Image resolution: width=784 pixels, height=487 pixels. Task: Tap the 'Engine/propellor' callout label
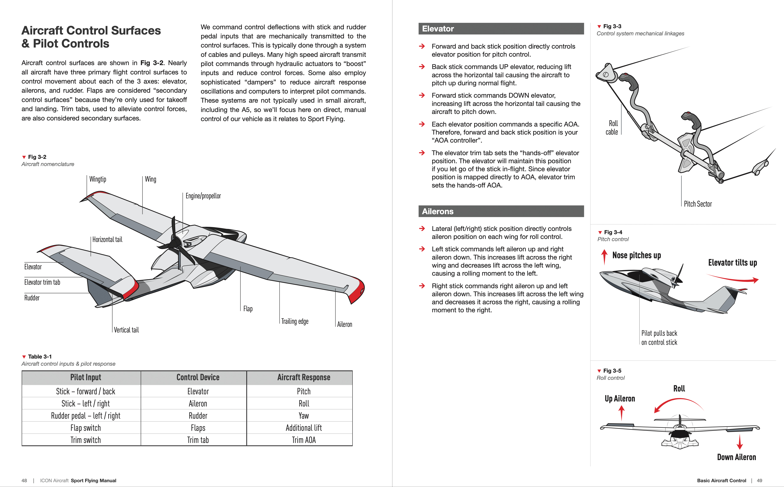(x=203, y=196)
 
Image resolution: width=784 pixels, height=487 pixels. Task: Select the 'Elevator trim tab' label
(x=42, y=282)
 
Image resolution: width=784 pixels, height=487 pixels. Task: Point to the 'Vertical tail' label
(x=126, y=330)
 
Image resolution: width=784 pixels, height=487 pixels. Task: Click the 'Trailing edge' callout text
(x=295, y=321)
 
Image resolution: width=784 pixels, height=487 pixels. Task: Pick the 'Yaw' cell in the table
(x=304, y=416)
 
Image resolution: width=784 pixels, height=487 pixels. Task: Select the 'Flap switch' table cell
(x=86, y=428)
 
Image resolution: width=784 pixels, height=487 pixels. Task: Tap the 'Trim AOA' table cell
(x=304, y=440)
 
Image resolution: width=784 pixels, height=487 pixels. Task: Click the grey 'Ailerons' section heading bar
(x=501, y=211)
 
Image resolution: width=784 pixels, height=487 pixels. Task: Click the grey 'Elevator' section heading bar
(x=501, y=29)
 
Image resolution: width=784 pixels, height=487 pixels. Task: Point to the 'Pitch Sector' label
(x=697, y=204)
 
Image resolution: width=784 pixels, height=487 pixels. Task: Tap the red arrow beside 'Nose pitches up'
(x=604, y=257)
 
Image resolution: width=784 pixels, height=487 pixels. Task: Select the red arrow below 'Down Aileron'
(x=740, y=442)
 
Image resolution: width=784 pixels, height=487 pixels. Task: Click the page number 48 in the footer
(x=24, y=480)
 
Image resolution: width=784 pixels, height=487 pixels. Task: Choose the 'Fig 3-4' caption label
(x=613, y=232)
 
